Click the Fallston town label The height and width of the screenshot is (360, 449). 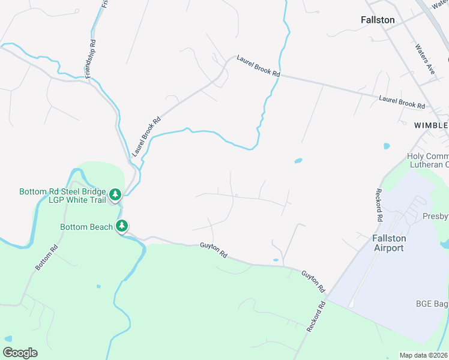(x=378, y=20)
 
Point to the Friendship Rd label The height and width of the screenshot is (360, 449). (x=91, y=57)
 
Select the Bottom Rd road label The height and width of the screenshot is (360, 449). (x=46, y=257)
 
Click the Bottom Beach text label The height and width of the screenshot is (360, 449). (x=86, y=227)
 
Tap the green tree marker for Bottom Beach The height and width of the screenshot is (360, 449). (x=122, y=226)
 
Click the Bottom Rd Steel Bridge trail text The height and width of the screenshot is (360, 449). (x=62, y=196)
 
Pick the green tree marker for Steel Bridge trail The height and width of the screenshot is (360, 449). (x=116, y=194)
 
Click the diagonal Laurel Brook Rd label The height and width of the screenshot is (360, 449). (x=147, y=136)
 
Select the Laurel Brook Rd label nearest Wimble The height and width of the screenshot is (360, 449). (x=402, y=102)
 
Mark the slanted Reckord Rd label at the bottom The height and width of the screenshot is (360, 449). (x=316, y=317)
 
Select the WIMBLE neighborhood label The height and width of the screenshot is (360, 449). (x=431, y=125)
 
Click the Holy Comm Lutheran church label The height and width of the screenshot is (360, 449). (x=427, y=160)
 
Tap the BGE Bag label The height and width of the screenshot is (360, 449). (x=432, y=304)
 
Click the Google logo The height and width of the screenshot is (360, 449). (x=20, y=353)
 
